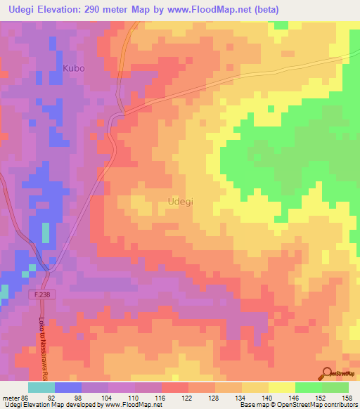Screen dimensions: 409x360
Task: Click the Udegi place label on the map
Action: tap(181, 202)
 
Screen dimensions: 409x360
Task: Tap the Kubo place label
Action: tap(73, 69)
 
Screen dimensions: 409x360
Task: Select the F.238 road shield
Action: tap(44, 296)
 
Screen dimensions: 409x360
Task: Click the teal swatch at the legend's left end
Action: tap(41, 387)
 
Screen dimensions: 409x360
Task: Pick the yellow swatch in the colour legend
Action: tap(281, 387)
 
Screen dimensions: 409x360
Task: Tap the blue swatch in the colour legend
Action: tap(68, 387)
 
